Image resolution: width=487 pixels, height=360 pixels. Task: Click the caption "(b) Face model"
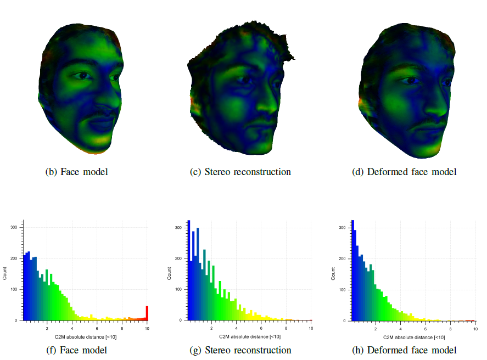pos(76,172)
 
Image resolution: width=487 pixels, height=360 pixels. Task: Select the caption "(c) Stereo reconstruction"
pos(240,172)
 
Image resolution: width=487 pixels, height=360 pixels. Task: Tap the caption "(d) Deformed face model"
pos(404,172)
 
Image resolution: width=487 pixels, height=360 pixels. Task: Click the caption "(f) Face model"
pos(76,350)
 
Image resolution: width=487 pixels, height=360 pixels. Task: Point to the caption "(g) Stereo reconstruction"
pos(240,350)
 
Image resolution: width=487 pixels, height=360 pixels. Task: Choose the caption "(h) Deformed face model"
pos(404,350)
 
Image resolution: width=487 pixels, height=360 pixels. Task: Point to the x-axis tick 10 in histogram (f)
pos(147,328)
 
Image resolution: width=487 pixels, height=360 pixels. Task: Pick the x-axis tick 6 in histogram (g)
pos(261,328)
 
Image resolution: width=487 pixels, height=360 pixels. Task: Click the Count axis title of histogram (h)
pos(333,273)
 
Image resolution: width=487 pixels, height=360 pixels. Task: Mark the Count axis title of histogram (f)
pos(5,273)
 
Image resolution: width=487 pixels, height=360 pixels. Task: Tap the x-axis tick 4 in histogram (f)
pos(72,328)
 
